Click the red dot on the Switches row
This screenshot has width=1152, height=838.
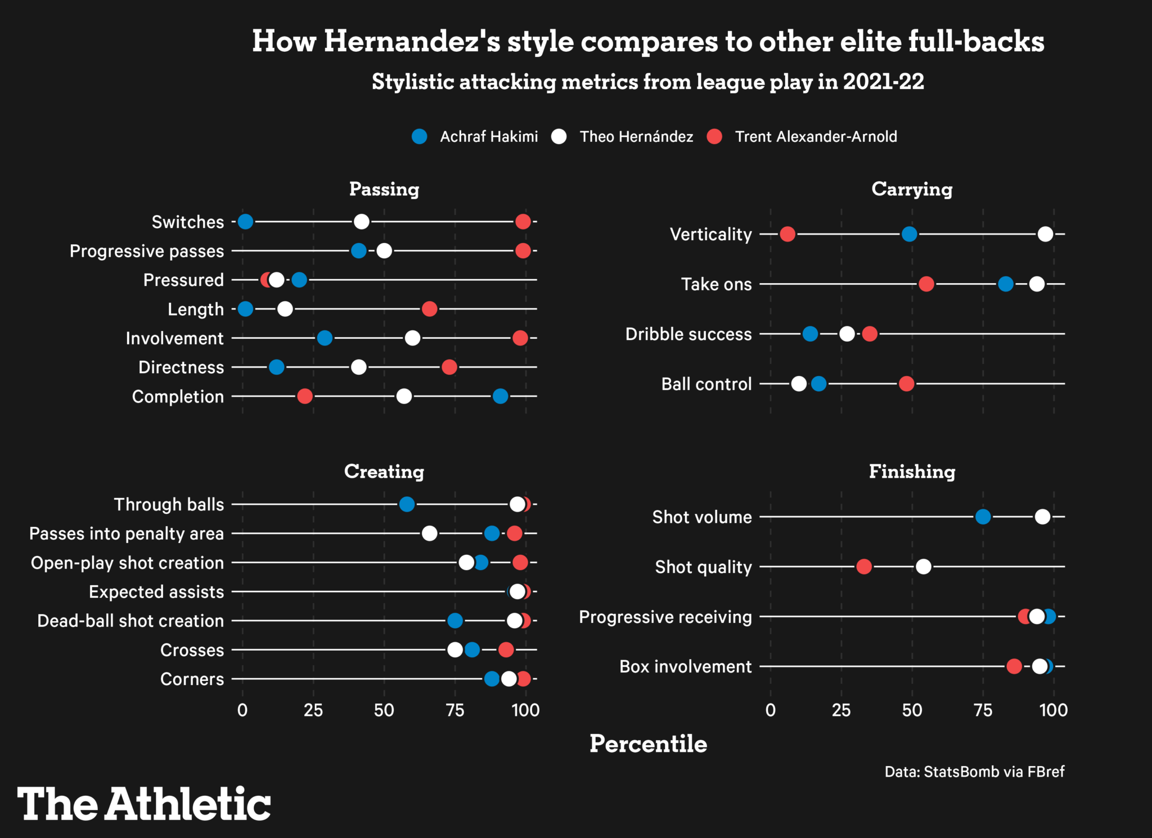523,222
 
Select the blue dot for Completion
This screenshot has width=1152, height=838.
500,396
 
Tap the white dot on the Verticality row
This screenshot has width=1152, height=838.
1045,234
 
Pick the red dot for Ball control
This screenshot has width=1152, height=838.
906,384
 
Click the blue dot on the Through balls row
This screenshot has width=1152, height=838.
407,504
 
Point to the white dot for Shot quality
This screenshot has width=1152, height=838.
923,567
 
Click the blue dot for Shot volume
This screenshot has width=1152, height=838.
983,517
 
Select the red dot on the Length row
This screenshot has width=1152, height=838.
429,309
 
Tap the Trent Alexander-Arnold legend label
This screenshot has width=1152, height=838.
816,137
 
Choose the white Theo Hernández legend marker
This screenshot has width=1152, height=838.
559,137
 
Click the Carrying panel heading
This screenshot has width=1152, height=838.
912,189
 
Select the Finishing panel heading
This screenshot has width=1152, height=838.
912,472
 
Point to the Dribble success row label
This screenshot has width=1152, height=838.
688,334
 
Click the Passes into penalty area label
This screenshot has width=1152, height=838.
127,534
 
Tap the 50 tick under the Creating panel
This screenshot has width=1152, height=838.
384,710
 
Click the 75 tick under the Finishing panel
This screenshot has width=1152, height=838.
983,710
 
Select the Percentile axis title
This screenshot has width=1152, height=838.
648,744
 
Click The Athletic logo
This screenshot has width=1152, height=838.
144,804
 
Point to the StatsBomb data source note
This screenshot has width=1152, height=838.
974,772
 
